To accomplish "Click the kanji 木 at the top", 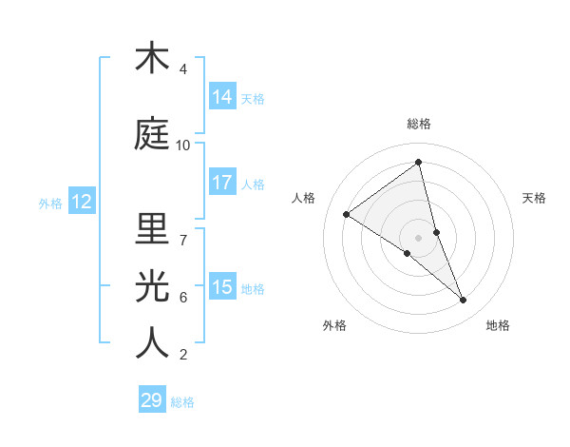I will [152, 58].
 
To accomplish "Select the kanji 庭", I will [152, 134].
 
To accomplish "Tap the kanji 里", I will [152, 229].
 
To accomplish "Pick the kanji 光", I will [152, 286].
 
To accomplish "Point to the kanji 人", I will [152, 343].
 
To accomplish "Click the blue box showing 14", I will [222, 97].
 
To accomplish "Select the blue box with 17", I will [222, 183].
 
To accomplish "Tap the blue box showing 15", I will [222, 287].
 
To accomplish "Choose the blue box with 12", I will [81, 202].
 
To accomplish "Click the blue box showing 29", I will [152, 400].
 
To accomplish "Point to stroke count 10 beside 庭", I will [183, 146].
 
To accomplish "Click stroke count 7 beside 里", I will [183, 241].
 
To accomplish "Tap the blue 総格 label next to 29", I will [182, 402].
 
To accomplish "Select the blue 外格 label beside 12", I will [50, 203].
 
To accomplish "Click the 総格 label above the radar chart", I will [419, 124].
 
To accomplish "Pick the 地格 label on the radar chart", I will [498, 325].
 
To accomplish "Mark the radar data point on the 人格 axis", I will [347, 214].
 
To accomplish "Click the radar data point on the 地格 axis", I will [464, 301].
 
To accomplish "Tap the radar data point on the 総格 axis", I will [419, 163].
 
